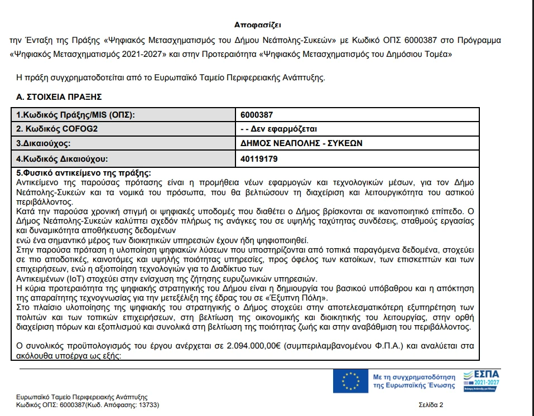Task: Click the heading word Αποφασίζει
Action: (258, 25)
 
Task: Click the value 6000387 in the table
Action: (257, 115)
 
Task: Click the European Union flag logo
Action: (350, 381)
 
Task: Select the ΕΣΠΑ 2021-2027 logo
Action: (482, 380)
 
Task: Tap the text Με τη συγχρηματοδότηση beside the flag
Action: (413, 377)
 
